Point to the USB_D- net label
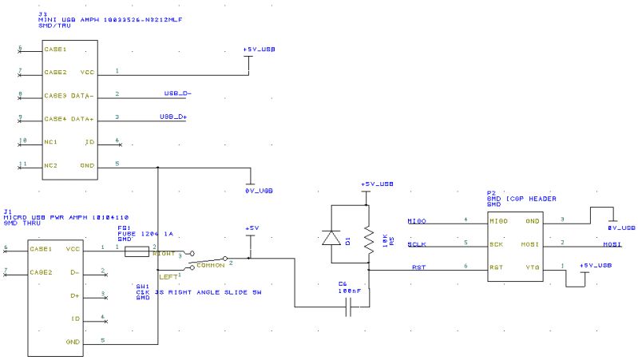tap(177, 93)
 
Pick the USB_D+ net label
tap(172, 117)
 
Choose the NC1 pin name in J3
tap(50, 142)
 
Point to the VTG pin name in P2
tap(532, 267)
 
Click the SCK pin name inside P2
tap(497, 244)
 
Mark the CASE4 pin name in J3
tap(55, 119)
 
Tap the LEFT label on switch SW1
tap(168, 276)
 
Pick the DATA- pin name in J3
tap(83, 96)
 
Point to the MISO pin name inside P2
tap(498, 221)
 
